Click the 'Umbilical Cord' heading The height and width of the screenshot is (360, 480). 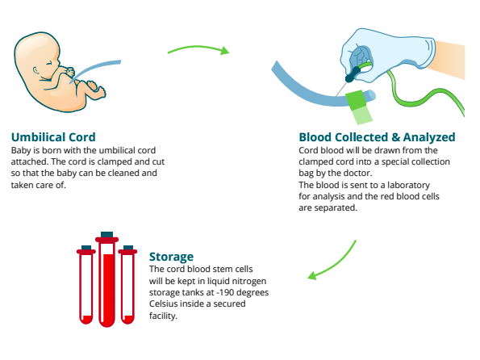53,137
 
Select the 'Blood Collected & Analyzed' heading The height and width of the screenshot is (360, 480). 377,137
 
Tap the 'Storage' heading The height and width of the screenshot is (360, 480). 171,257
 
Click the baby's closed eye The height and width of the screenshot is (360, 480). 49,64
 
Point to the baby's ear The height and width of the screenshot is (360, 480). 36,71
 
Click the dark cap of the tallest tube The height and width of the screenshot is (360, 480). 106,234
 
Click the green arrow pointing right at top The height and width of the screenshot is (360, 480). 198,49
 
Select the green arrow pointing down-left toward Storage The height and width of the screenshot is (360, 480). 334,264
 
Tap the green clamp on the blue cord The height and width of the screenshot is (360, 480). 358,107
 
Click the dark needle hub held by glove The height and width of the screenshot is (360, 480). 353,75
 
